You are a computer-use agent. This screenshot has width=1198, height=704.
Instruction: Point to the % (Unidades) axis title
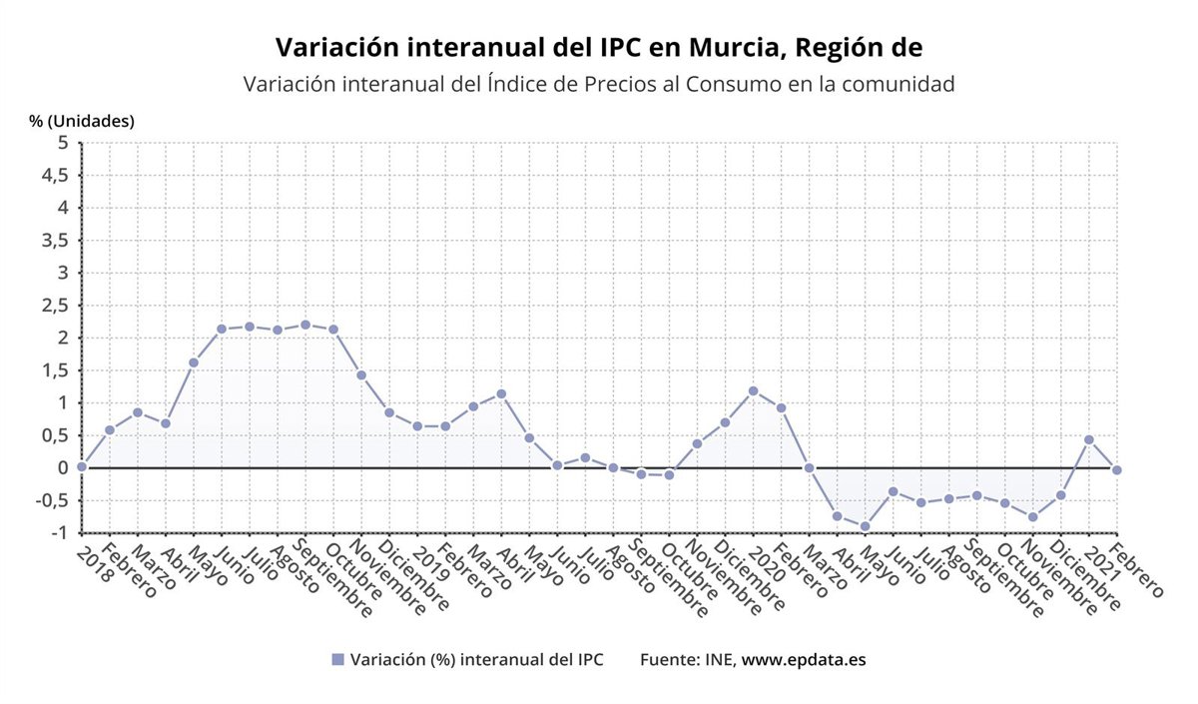coord(82,121)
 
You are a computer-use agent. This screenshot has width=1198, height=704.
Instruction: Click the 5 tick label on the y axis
coord(63,143)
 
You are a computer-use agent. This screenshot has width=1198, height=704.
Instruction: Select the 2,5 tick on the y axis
coord(55,305)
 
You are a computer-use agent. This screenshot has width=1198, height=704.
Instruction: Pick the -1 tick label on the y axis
coord(60,532)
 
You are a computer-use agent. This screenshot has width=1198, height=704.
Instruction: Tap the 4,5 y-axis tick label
coord(55,175)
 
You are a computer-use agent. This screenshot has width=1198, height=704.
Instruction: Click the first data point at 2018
coord(82,466)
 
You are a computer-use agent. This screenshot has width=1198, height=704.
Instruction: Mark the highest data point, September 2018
coord(305,325)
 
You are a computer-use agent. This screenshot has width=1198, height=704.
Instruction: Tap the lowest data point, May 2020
coord(865,526)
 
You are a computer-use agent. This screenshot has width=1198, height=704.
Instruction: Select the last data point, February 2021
coord(1116,469)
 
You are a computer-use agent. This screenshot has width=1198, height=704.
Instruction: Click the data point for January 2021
coord(1088,439)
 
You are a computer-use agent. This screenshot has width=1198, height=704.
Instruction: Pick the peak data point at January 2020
coord(753,390)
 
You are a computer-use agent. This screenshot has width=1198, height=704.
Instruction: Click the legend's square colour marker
coord(337,660)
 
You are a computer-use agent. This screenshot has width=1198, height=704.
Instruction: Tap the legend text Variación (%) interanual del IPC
coord(476,660)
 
